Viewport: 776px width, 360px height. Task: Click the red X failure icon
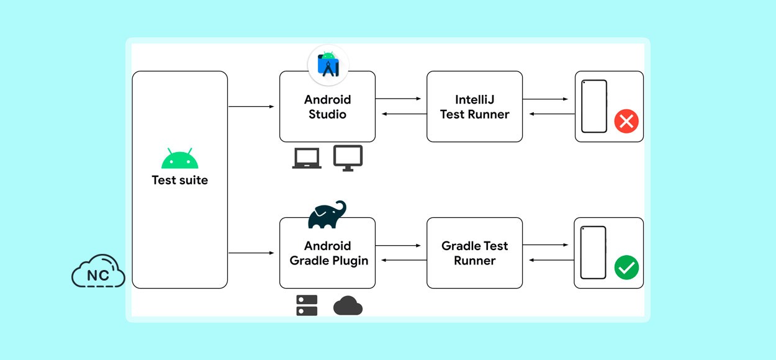click(626, 121)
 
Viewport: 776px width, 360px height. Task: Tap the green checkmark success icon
click(626, 268)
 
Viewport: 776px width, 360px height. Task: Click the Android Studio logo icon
click(328, 65)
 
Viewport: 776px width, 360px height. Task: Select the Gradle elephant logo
click(327, 215)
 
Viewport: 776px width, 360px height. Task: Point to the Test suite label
click(180, 180)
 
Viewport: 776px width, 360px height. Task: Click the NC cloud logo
click(98, 271)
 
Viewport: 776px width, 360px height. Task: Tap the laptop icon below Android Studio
click(307, 158)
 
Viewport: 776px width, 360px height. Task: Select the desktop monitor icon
click(348, 158)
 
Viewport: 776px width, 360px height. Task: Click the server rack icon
click(307, 305)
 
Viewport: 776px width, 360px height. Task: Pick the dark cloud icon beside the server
click(348, 305)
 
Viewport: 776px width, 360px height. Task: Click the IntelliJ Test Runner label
click(475, 107)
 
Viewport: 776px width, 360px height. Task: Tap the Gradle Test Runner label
click(475, 253)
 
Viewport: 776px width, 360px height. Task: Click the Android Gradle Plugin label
click(329, 253)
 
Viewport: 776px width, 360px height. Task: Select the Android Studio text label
click(327, 107)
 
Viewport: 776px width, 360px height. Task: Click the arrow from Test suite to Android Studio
click(251, 106)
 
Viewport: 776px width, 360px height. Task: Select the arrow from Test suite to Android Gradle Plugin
click(251, 253)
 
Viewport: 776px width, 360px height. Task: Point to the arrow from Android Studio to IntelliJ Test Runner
click(398, 99)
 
